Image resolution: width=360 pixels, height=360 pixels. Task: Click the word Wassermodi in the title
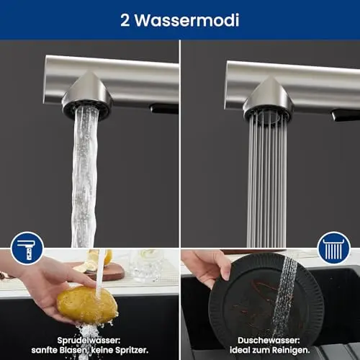click(x=186, y=20)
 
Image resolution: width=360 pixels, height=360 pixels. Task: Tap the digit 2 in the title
click(x=125, y=20)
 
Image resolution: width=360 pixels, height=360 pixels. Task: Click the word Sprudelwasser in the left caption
click(x=89, y=341)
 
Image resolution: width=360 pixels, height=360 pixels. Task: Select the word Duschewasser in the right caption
click(x=269, y=341)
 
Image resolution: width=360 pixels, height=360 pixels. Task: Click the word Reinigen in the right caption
click(x=289, y=350)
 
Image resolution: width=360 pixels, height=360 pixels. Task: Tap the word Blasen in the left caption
click(x=73, y=350)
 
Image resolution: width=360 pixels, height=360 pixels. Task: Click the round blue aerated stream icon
click(x=27, y=248)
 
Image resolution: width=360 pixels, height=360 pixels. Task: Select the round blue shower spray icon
click(x=333, y=248)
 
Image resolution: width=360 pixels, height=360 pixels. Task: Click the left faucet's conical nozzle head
click(x=87, y=96)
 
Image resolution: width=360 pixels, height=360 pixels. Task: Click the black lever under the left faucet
click(x=164, y=109)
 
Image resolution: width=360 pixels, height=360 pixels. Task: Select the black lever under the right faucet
click(x=346, y=115)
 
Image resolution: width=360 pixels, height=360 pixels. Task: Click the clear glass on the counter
click(x=144, y=265)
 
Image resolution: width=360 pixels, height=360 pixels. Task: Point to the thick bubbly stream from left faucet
click(x=84, y=178)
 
